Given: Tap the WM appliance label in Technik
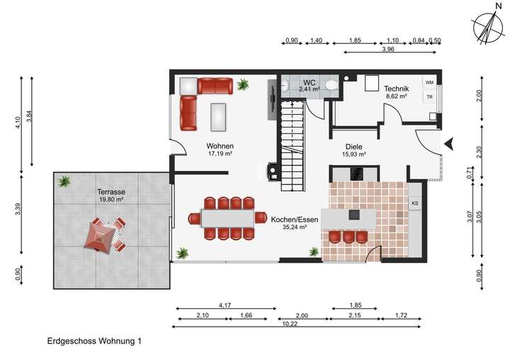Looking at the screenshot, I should tap(429, 82).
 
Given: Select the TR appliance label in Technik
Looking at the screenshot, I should tap(429, 97).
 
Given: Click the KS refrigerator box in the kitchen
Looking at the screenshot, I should tap(415, 204).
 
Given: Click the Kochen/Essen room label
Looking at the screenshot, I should tap(288, 220).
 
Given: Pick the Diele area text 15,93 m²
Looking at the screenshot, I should tap(353, 154).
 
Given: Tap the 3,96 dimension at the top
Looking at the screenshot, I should tap(387, 50).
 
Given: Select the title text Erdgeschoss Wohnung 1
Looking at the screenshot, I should tap(94, 342).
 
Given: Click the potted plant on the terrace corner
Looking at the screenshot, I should tap(64, 181).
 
